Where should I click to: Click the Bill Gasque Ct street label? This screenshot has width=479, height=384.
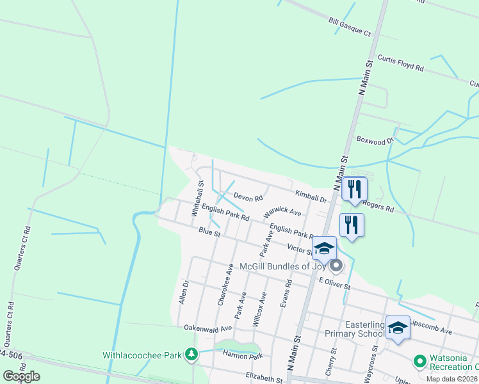(350, 26)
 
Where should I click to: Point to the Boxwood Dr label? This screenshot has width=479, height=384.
(374, 139)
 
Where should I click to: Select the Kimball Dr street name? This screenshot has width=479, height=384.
(311, 196)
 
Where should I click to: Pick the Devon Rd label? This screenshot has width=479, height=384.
(248, 198)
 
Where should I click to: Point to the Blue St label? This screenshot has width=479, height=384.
(209, 233)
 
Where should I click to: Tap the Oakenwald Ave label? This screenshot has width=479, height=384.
(207, 327)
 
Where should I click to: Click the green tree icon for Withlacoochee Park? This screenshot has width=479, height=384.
(190, 354)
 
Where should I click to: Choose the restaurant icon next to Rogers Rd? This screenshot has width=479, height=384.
(354, 189)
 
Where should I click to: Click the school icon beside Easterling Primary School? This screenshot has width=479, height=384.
(398, 328)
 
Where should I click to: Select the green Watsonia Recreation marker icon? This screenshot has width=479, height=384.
(420, 362)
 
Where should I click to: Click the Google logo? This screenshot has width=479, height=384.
(21, 376)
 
